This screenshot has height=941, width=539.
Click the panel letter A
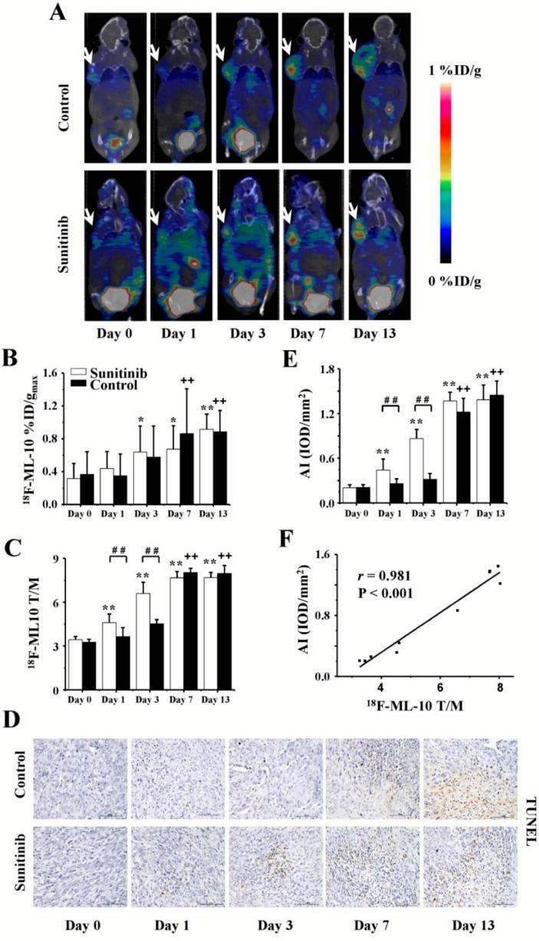coord(55,15)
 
